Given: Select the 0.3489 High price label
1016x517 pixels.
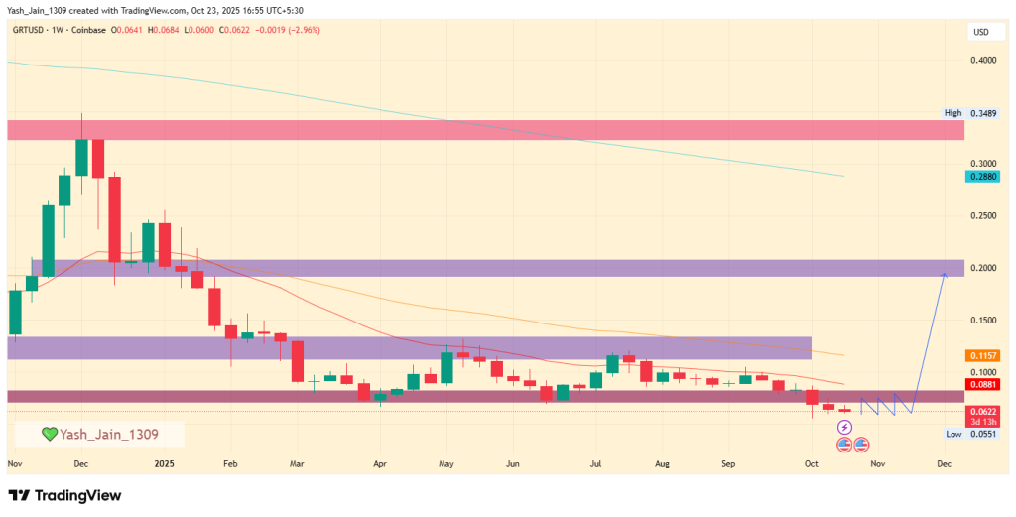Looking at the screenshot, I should tap(980, 113).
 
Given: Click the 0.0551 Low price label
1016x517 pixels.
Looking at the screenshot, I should tap(980, 434).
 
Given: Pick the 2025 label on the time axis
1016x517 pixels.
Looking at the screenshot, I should tap(165, 463).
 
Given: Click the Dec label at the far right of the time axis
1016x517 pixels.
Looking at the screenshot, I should tap(944, 463).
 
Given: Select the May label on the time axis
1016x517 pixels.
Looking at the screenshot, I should tap(446, 463).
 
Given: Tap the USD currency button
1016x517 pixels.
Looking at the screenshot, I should tap(981, 33).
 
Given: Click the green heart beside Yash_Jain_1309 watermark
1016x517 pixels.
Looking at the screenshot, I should tap(48, 434).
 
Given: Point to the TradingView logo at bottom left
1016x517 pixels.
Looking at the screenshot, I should tap(65, 495).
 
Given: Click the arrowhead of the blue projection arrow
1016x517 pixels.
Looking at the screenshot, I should tap(944, 272).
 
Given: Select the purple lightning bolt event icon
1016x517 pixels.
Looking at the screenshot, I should tap(844, 428).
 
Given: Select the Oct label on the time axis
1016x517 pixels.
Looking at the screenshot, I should tap(811, 463).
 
